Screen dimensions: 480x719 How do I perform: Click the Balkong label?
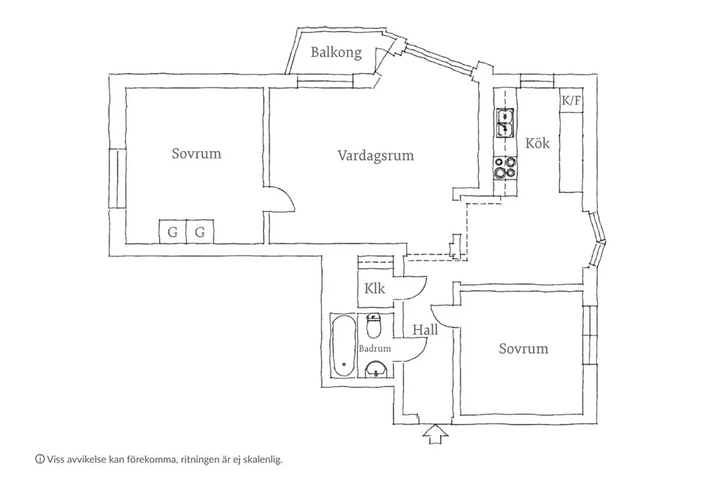[x=336, y=53]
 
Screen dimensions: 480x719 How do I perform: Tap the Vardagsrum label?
[x=376, y=155]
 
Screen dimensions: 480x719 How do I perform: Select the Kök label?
[x=537, y=143]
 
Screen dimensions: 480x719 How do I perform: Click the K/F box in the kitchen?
[x=572, y=101]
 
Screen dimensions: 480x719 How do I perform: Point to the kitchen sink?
[x=505, y=123]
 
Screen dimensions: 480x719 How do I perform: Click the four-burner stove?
[x=505, y=167]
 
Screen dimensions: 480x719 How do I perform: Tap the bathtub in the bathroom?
[x=343, y=346]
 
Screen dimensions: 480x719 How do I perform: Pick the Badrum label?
[x=375, y=348]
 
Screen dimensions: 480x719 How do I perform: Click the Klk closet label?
[x=374, y=289]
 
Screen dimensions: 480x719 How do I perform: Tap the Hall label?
[x=425, y=330]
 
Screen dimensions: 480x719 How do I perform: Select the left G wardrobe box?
[x=173, y=232]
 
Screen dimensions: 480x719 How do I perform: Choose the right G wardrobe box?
[x=200, y=232]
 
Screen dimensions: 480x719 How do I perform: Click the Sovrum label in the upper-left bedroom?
[x=196, y=154]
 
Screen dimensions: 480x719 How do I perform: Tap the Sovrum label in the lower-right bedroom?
[x=523, y=349]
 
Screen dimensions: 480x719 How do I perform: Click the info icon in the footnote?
[x=40, y=458]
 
